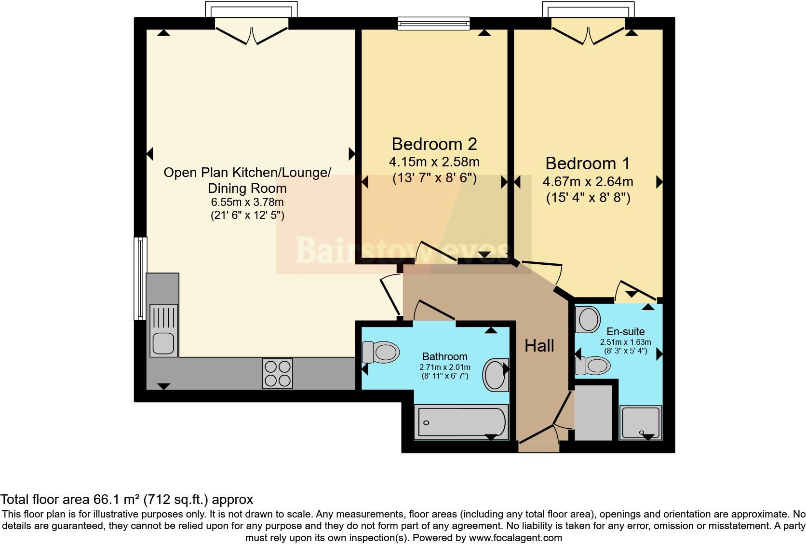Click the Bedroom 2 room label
(434, 144)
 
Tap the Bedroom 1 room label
(587, 163)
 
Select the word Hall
(539, 345)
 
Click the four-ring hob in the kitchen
(278, 373)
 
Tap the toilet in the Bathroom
(381, 352)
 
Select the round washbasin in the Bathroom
(496, 374)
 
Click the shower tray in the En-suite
(641, 422)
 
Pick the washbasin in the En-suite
(588, 319)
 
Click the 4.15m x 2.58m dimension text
(434, 162)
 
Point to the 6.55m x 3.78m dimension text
(247, 202)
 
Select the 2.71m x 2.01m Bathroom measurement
(444, 367)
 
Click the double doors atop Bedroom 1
(588, 34)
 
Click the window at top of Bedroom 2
(433, 23)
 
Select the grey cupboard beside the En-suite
(593, 412)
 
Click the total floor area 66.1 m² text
(127, 499)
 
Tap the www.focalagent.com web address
(515, 537)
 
